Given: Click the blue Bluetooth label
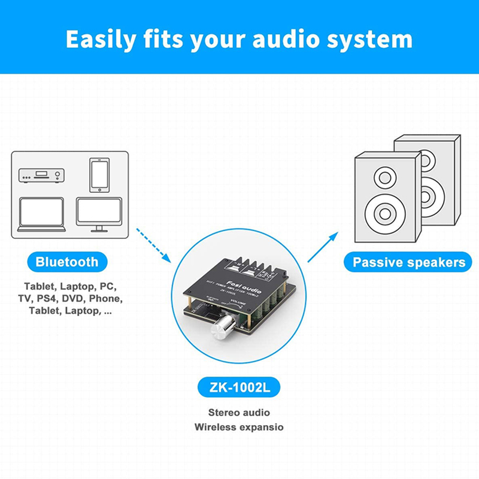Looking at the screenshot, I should [x=66, y=262].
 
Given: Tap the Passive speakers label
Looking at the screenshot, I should [x=408, y=262].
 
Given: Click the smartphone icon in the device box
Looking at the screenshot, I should [x=99, y=174].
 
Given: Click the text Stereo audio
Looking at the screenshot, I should [x=239, y=413].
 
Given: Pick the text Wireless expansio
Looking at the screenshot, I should [x=239, y=427].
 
